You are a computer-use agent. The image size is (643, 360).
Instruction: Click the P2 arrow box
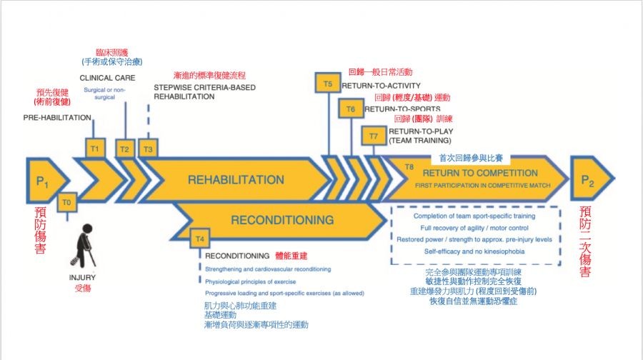point(588,180)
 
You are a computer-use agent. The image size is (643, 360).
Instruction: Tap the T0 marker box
point(67,203)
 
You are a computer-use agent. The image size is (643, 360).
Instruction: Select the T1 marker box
point(95,148)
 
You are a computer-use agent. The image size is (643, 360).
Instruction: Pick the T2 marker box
point(124,148)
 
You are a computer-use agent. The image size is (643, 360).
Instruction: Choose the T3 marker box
point(148,148)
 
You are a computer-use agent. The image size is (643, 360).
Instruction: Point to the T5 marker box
point(327,84)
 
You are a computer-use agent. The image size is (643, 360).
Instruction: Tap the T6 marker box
point(351,109)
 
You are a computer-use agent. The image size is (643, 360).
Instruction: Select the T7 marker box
point(374,136)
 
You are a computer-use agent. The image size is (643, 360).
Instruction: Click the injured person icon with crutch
point(85,243)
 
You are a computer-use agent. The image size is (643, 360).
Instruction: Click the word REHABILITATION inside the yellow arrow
point(236,180)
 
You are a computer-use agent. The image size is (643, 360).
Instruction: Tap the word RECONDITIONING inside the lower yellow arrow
point(282,220)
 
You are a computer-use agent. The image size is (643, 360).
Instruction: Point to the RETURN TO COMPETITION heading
point(480,173)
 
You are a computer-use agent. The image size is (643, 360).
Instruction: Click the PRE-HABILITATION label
point(57,117)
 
